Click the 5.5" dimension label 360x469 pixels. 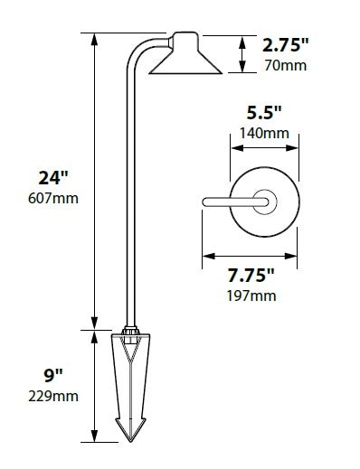tap(264, 114)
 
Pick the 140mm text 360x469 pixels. tap(265, 134)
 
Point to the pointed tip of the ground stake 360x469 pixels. tap(131, 441)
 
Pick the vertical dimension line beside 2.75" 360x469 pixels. tap(242, 54)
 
